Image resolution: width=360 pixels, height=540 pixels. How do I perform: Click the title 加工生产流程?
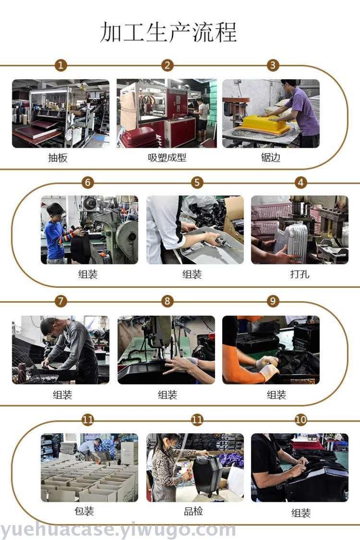coord(168,32)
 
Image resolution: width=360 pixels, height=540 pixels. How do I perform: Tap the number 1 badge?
coord(61,65)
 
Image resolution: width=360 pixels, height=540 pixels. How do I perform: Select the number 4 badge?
coord(301,182)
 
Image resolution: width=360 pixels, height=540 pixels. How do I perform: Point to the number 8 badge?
coord(167,301)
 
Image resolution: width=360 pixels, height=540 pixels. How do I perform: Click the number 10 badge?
coord(301,419)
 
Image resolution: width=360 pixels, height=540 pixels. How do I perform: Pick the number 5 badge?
coord(197,182)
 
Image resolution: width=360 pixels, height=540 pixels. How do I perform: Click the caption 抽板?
coord(58,158)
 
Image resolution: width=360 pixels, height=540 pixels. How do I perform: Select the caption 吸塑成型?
coord(167,158)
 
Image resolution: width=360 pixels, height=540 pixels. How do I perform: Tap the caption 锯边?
coord(270,158)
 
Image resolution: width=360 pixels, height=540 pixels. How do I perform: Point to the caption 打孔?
coord(299,274)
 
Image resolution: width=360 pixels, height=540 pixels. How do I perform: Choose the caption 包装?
coord(84,511)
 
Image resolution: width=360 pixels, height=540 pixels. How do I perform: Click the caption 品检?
coord(193,511)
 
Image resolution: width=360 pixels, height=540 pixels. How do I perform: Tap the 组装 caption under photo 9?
coord(276,395)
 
